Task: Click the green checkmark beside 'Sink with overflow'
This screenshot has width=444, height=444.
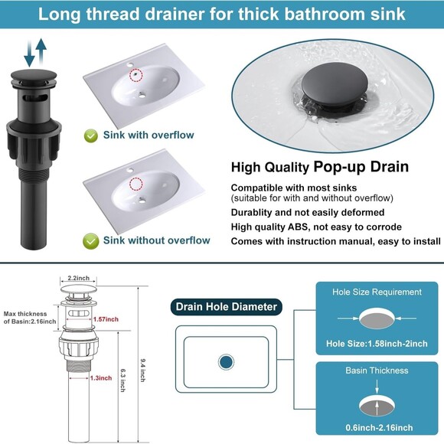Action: coord(90,135)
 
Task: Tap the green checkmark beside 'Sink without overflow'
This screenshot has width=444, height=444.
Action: coord(90,240)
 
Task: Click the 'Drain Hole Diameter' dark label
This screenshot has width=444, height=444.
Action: coord(225,307)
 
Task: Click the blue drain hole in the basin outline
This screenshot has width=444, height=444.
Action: coord(226,361)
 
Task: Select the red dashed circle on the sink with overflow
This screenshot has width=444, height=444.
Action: coord(136,74)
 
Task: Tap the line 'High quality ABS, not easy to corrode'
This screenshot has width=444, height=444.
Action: coord(316,227)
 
